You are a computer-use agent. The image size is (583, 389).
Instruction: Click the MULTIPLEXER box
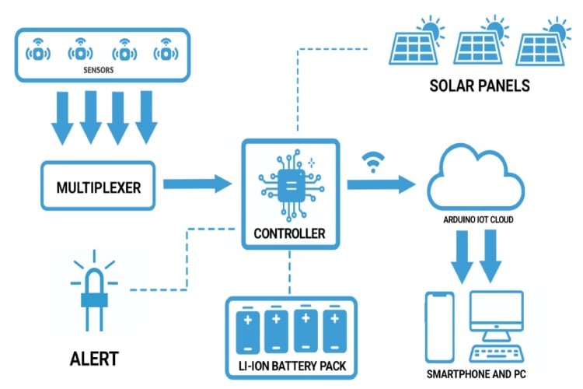[98, 186]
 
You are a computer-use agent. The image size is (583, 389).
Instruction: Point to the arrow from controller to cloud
[381, 185]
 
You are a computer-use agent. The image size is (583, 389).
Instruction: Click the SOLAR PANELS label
[480, 85]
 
